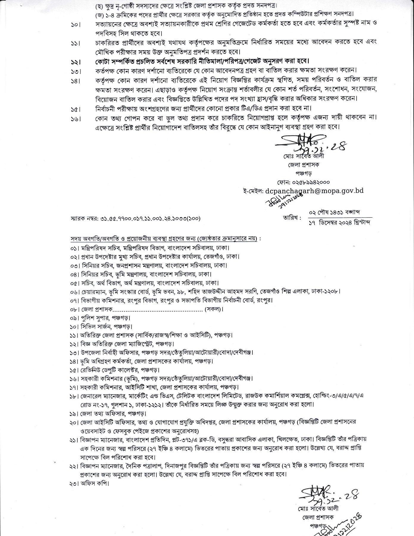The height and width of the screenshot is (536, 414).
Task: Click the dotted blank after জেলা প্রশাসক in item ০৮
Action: [158, 309]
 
